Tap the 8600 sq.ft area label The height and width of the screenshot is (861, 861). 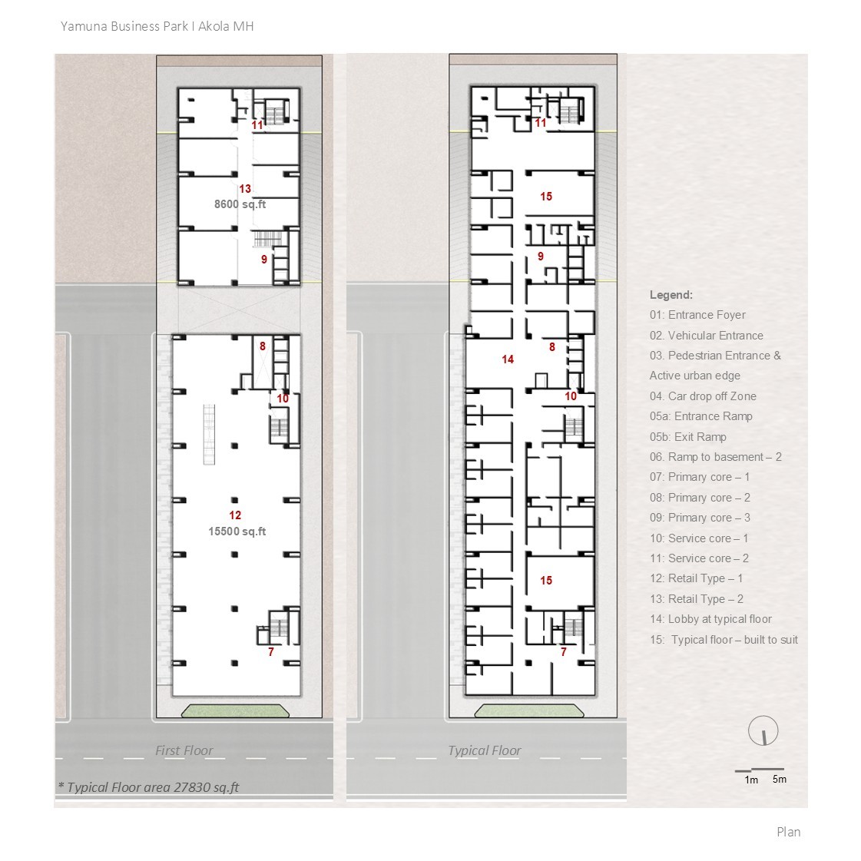click(x=240, y=204)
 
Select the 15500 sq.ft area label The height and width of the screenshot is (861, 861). click(x=237, y=532)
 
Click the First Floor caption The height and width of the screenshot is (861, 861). click(x=184, y=750)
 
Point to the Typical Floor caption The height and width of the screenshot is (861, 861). click(x=484, y=750)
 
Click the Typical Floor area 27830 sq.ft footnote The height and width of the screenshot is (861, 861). click(x=149, y=786)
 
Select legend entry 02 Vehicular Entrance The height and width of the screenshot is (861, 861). click(x=706, y=336)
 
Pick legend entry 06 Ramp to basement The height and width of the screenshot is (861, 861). click(x=715, y=457)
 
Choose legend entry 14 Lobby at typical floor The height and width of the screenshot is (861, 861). click(x=710, y=619)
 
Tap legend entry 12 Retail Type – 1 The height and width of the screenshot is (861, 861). click(x=696, y=578)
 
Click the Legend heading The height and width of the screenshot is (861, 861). click(x=671, y=295)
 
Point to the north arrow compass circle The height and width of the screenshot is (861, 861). click(x=763, y=732)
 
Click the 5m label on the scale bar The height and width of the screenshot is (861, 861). click(x=779, y=780)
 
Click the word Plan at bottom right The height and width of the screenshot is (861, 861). click(x=788, y=832)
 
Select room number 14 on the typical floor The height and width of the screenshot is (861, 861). click(x=507, y=359)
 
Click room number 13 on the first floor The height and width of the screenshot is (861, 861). click(x=244, y=189)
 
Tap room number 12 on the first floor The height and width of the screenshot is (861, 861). click(x=235, y=515)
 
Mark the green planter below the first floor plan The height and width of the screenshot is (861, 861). click(x=235, y=711)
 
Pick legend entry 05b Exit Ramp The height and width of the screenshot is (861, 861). click(x=687, y=437)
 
